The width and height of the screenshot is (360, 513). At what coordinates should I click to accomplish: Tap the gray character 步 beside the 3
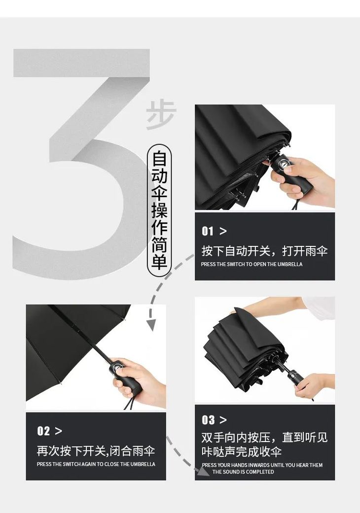pos(161,115)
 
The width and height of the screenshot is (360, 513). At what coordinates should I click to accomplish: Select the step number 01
pos(208,231)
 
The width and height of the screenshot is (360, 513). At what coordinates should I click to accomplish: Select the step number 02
pos(43,431)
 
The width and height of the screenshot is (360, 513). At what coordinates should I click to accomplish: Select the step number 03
pos(208,420)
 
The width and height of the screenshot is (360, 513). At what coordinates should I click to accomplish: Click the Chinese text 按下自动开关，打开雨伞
pos(264,251)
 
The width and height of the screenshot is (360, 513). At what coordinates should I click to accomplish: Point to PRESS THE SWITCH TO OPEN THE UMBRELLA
pos(252,264)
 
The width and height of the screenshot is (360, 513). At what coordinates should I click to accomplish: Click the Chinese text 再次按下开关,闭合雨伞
pos(96,451)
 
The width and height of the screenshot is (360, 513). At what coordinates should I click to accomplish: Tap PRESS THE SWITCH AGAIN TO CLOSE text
pos(96,464)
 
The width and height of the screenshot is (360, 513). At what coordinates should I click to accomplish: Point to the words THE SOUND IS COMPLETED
pos(243,472)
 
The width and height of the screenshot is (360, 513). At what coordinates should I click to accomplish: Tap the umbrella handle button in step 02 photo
pos(118,368)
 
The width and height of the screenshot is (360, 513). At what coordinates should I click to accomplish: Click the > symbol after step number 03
pos(223,420)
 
